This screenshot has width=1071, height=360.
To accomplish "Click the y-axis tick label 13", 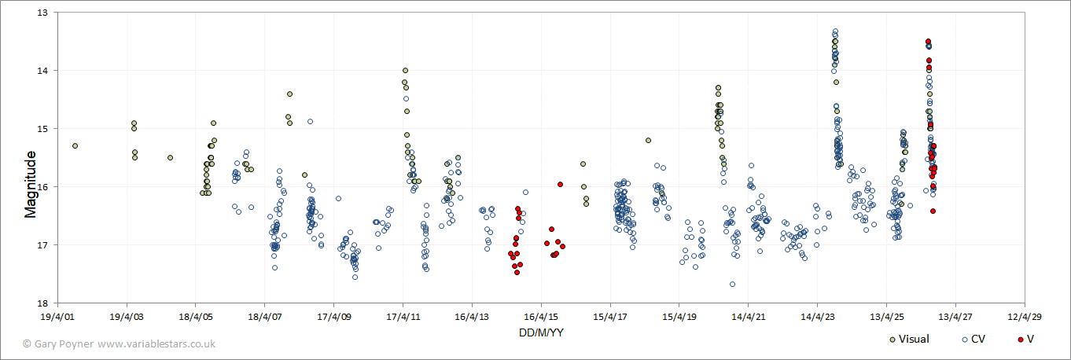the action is pos(42,13).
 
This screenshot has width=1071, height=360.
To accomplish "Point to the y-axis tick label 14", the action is pos(42,70).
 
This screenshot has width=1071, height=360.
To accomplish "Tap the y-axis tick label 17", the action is pos(42,244).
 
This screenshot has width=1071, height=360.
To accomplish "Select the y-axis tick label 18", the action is pos(42,303).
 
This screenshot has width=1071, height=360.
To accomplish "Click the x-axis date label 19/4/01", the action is pos(57,317).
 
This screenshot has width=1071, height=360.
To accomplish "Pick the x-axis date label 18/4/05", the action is pos(196,317).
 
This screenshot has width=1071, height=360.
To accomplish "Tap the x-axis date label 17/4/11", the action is pos(403,317).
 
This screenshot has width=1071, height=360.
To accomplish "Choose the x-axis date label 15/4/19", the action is pos(679,317).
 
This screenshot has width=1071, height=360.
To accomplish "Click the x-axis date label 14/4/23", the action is pos(818,317).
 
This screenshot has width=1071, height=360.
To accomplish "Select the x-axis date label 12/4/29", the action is pos(1025,317).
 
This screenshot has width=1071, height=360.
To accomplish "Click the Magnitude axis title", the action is pos(30,185).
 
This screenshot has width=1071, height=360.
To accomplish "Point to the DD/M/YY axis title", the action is pos(541,332).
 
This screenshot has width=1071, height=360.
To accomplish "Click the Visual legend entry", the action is pos(909,339).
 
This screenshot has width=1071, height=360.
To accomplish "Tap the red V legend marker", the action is pos(1021,340).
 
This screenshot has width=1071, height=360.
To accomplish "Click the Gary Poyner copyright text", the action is pos(59,343).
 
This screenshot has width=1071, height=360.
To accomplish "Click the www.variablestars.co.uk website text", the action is pos(156,343).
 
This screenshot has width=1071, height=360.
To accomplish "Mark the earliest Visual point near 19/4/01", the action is pos(75,146).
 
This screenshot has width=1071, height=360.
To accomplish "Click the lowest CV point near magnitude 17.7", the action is pos(733,284).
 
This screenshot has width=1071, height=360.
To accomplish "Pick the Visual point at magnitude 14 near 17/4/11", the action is pos(406,70).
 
